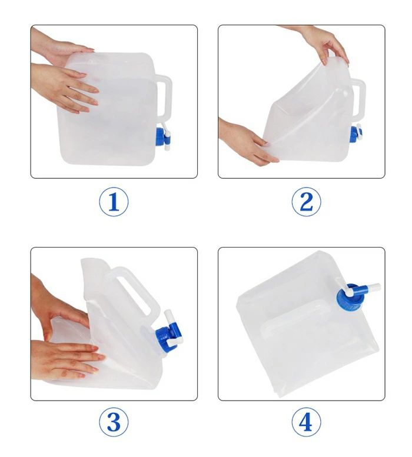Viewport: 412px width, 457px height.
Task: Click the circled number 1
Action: coord(114,202)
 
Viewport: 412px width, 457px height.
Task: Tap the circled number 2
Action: coord(306,202)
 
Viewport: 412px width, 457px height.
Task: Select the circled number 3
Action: coord(114,422)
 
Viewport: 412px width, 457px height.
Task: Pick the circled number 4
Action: coord(306,422)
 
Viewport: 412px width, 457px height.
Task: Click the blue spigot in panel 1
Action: coord(163,136)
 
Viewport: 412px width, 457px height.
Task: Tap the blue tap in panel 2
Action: coord(355,134)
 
